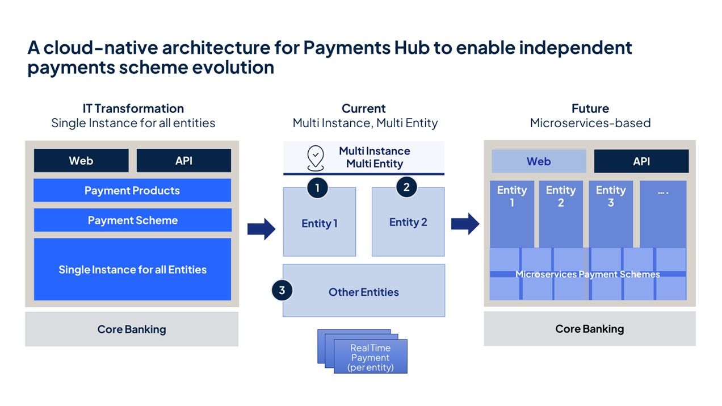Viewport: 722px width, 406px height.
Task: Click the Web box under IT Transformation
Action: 81,161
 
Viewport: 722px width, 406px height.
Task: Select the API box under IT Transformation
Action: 183,161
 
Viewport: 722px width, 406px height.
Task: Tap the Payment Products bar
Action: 132,190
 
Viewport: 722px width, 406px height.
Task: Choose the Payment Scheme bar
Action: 132,220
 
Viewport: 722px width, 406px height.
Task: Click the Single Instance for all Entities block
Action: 132,269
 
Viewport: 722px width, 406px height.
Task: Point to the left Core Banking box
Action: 132,329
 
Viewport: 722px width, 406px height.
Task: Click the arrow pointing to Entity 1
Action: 261,229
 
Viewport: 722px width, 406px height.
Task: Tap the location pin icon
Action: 316,157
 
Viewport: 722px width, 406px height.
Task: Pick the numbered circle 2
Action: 406,186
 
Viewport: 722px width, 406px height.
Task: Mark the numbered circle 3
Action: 282,291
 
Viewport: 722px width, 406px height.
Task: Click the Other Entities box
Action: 364,292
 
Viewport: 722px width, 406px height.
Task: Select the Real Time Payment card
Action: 370,357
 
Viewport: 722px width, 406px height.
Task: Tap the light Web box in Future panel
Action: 539,161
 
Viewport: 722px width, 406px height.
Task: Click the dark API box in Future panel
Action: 641,161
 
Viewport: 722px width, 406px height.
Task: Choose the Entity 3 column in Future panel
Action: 611,214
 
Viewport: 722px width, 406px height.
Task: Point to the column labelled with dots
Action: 662,214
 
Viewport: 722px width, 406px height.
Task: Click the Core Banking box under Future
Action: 589,329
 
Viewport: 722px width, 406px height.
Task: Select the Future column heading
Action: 590,108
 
